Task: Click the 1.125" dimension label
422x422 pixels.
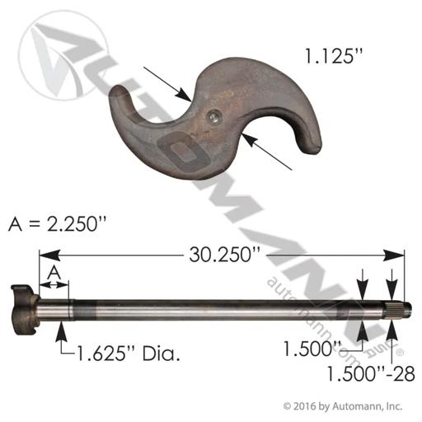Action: point(334,56)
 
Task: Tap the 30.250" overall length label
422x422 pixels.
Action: point(224,255)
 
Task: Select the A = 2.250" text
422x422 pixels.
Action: point(57,224)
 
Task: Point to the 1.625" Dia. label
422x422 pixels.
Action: point(129,354)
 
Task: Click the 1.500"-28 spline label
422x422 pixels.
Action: point(371,374)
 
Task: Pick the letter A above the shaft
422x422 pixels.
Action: point(54,273)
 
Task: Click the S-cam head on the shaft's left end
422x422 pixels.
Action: point(24,310)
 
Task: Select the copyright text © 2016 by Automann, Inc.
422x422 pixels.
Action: point(343,406)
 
